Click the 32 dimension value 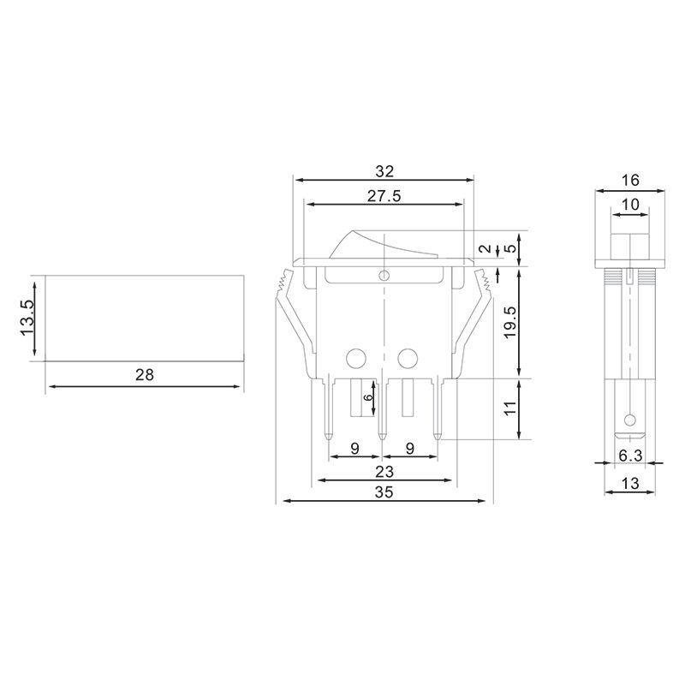[x=384, y=170]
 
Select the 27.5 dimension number [x=384, y=195]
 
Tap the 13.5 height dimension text [x=28, y=317]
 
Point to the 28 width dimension [x=144, y=375]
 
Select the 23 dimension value [x=384, y=470]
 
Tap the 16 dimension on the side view [x=630, y=180]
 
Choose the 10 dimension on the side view [x=630, y=204]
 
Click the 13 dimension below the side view [x=630, y=484]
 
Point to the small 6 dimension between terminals [x=368, y=398]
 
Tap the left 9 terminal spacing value [x=354, y=447]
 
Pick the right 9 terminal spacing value [x=410, y=447]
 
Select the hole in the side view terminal [x=630, y=420]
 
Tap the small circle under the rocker [x=384, y=276]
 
